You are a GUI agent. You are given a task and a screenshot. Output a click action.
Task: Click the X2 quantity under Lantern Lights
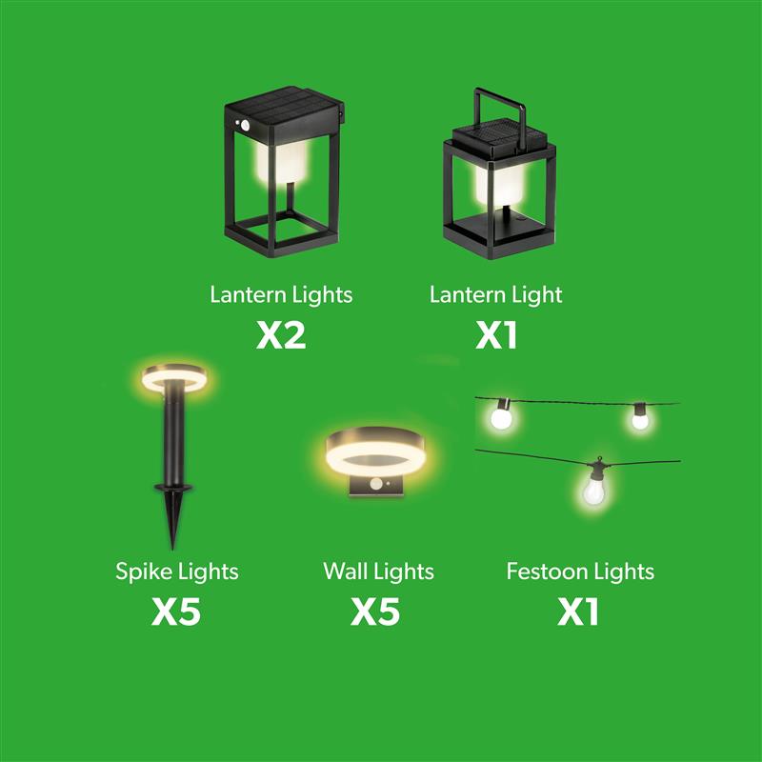point(281,335)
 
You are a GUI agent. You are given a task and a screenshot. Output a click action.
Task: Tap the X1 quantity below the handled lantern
point(496,335)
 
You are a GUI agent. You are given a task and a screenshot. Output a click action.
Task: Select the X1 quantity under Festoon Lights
point(578,612)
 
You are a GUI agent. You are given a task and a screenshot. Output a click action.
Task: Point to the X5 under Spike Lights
point(176,612)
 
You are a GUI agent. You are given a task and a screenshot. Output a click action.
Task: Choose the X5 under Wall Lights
point(375,612)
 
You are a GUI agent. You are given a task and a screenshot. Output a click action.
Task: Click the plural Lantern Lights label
point(281,295)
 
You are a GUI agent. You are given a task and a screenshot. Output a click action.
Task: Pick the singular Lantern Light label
point(495,295)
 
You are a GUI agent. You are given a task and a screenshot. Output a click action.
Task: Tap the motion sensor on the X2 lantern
point(245,125)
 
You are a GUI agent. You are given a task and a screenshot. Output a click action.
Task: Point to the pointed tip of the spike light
point(172,549)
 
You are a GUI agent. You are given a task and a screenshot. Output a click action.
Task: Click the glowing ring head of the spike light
point(174,377)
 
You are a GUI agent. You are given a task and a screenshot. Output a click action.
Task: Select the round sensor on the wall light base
point(375,484)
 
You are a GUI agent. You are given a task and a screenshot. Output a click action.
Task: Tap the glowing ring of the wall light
point(374,457)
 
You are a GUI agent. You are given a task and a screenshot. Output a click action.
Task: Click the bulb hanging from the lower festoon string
point(593,491)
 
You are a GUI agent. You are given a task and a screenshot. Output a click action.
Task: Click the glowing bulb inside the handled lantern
point(499,185)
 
